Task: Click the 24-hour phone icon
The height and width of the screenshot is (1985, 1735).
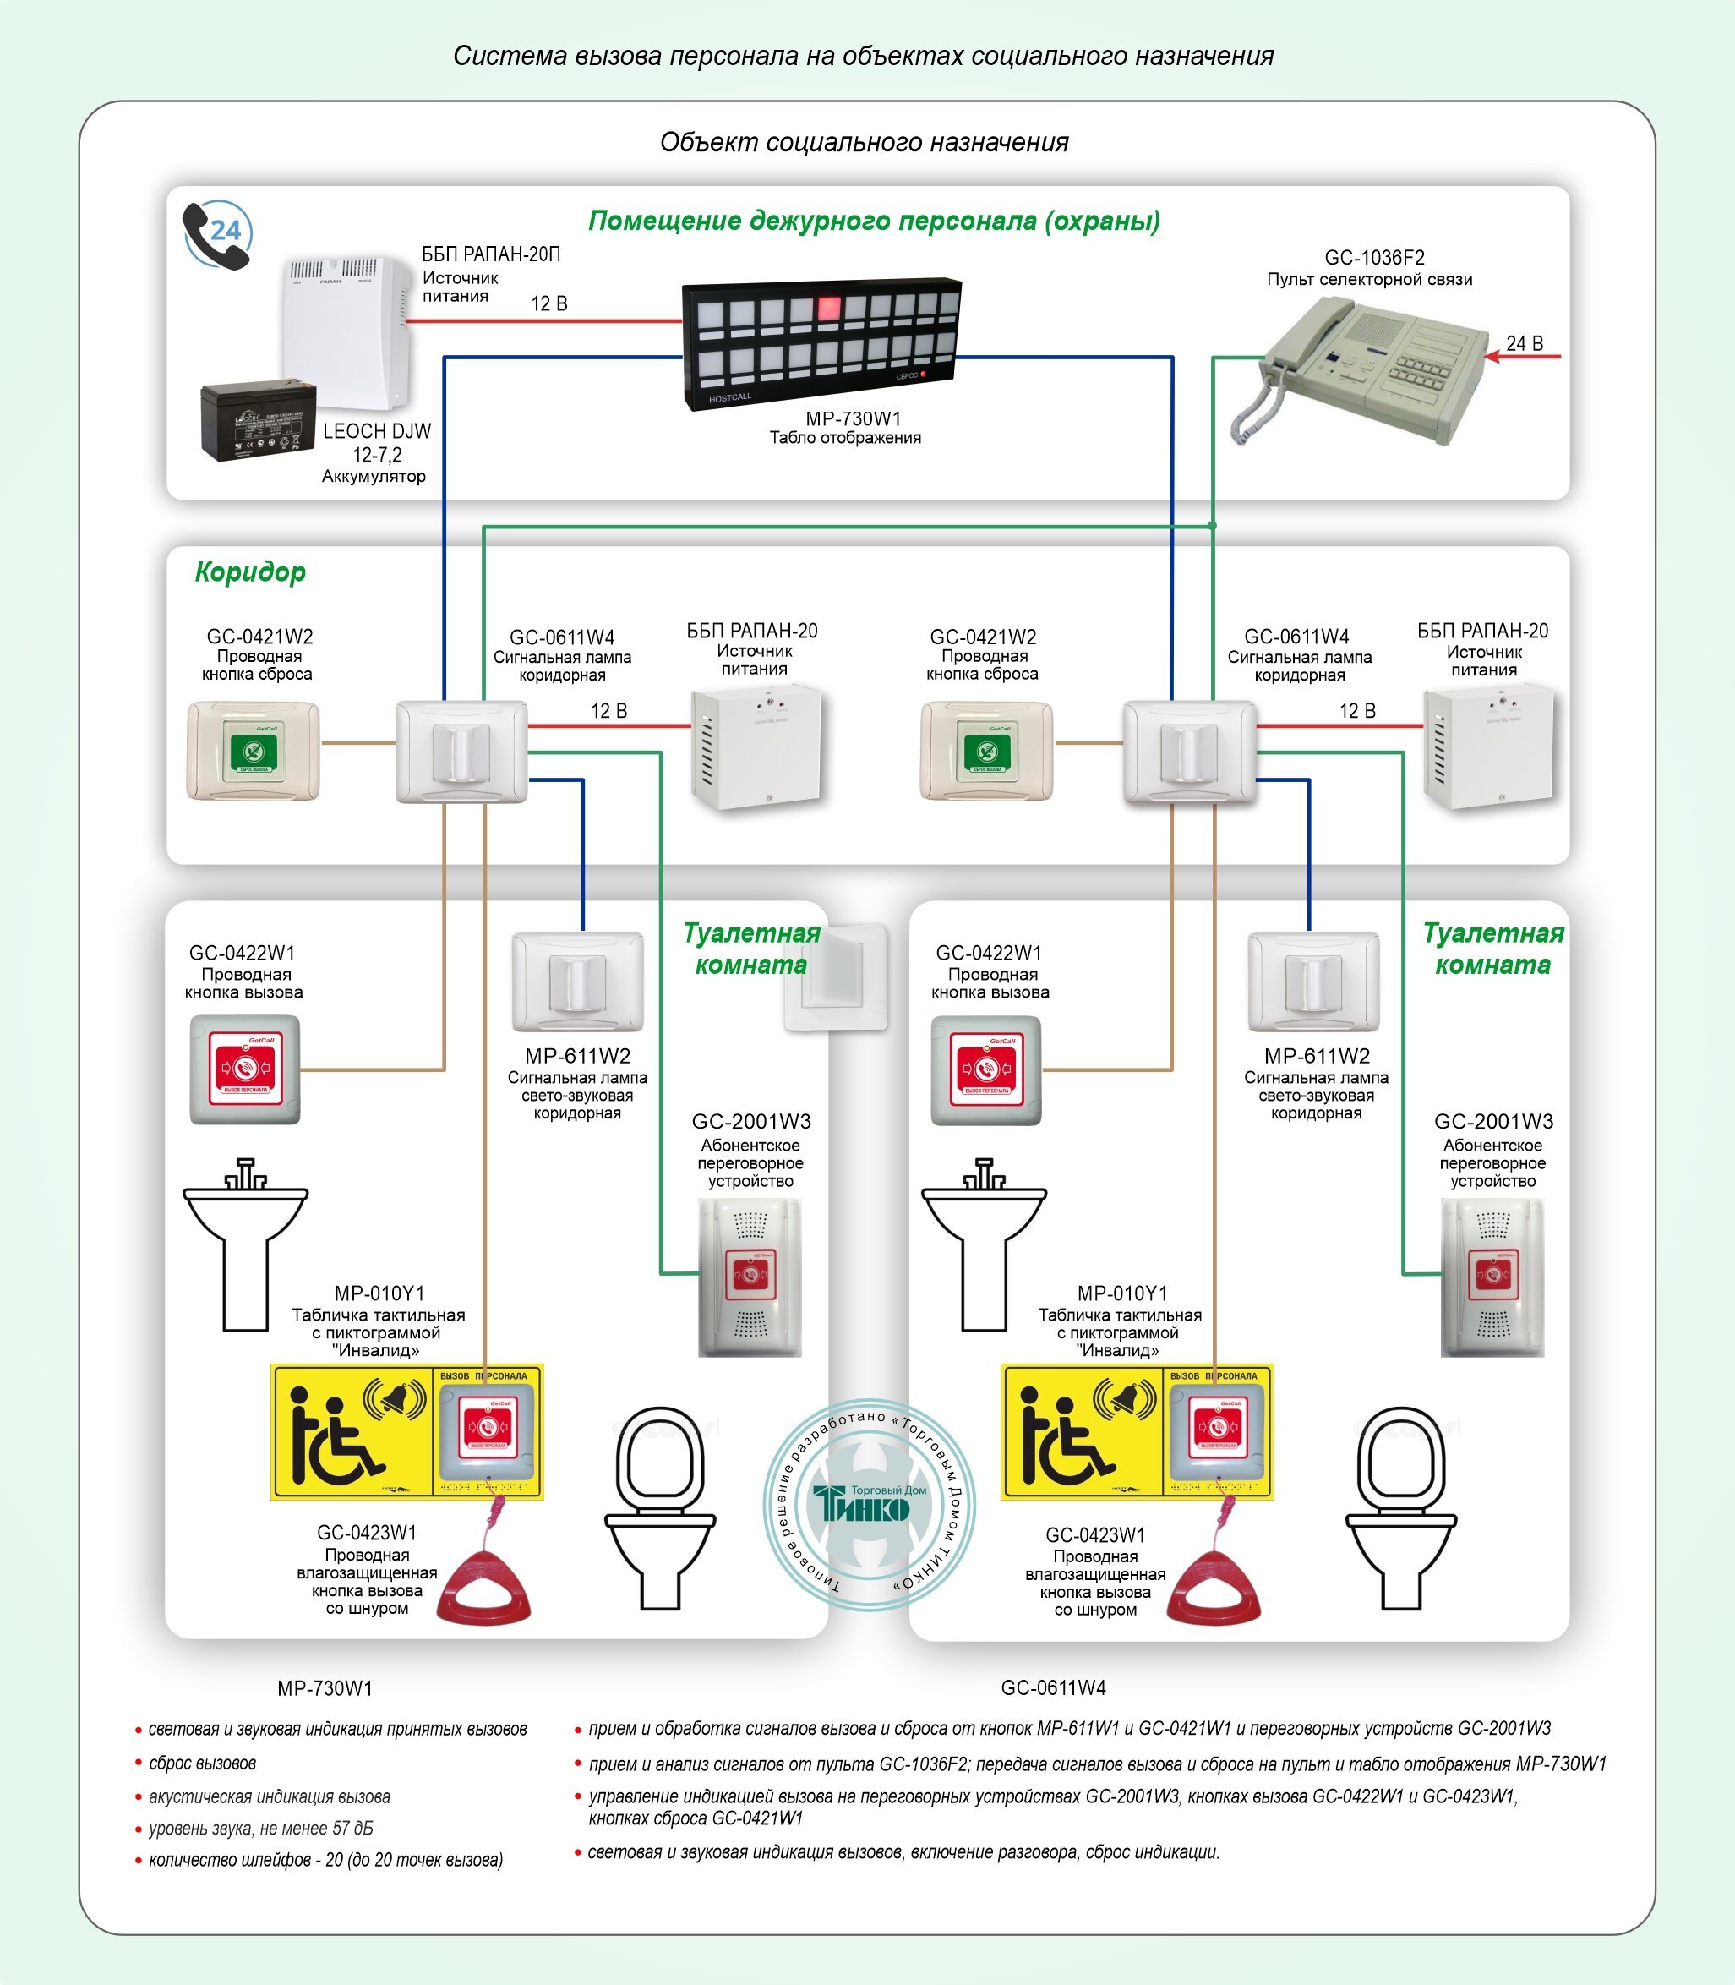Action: [218, 234]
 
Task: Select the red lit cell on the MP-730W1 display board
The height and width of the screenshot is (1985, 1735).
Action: [829, 309]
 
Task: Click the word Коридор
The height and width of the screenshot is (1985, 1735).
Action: [250, 572]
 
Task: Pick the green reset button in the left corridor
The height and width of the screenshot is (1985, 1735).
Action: [254, 752]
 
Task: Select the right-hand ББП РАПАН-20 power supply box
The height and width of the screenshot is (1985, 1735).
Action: [1487, 746]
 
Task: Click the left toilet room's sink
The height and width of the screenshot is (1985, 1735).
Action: [246, 1244]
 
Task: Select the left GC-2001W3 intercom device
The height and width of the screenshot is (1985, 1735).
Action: [750, 1277]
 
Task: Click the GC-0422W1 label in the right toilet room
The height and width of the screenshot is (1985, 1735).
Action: [989, 953]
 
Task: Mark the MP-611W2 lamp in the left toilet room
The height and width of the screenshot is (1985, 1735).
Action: [578, 982]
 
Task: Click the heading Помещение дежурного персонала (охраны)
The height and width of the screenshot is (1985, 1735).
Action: [875, 221]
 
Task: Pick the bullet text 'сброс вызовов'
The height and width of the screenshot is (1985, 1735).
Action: [202, 1764]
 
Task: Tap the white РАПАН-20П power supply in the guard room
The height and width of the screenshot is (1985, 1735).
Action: [346, 332]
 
